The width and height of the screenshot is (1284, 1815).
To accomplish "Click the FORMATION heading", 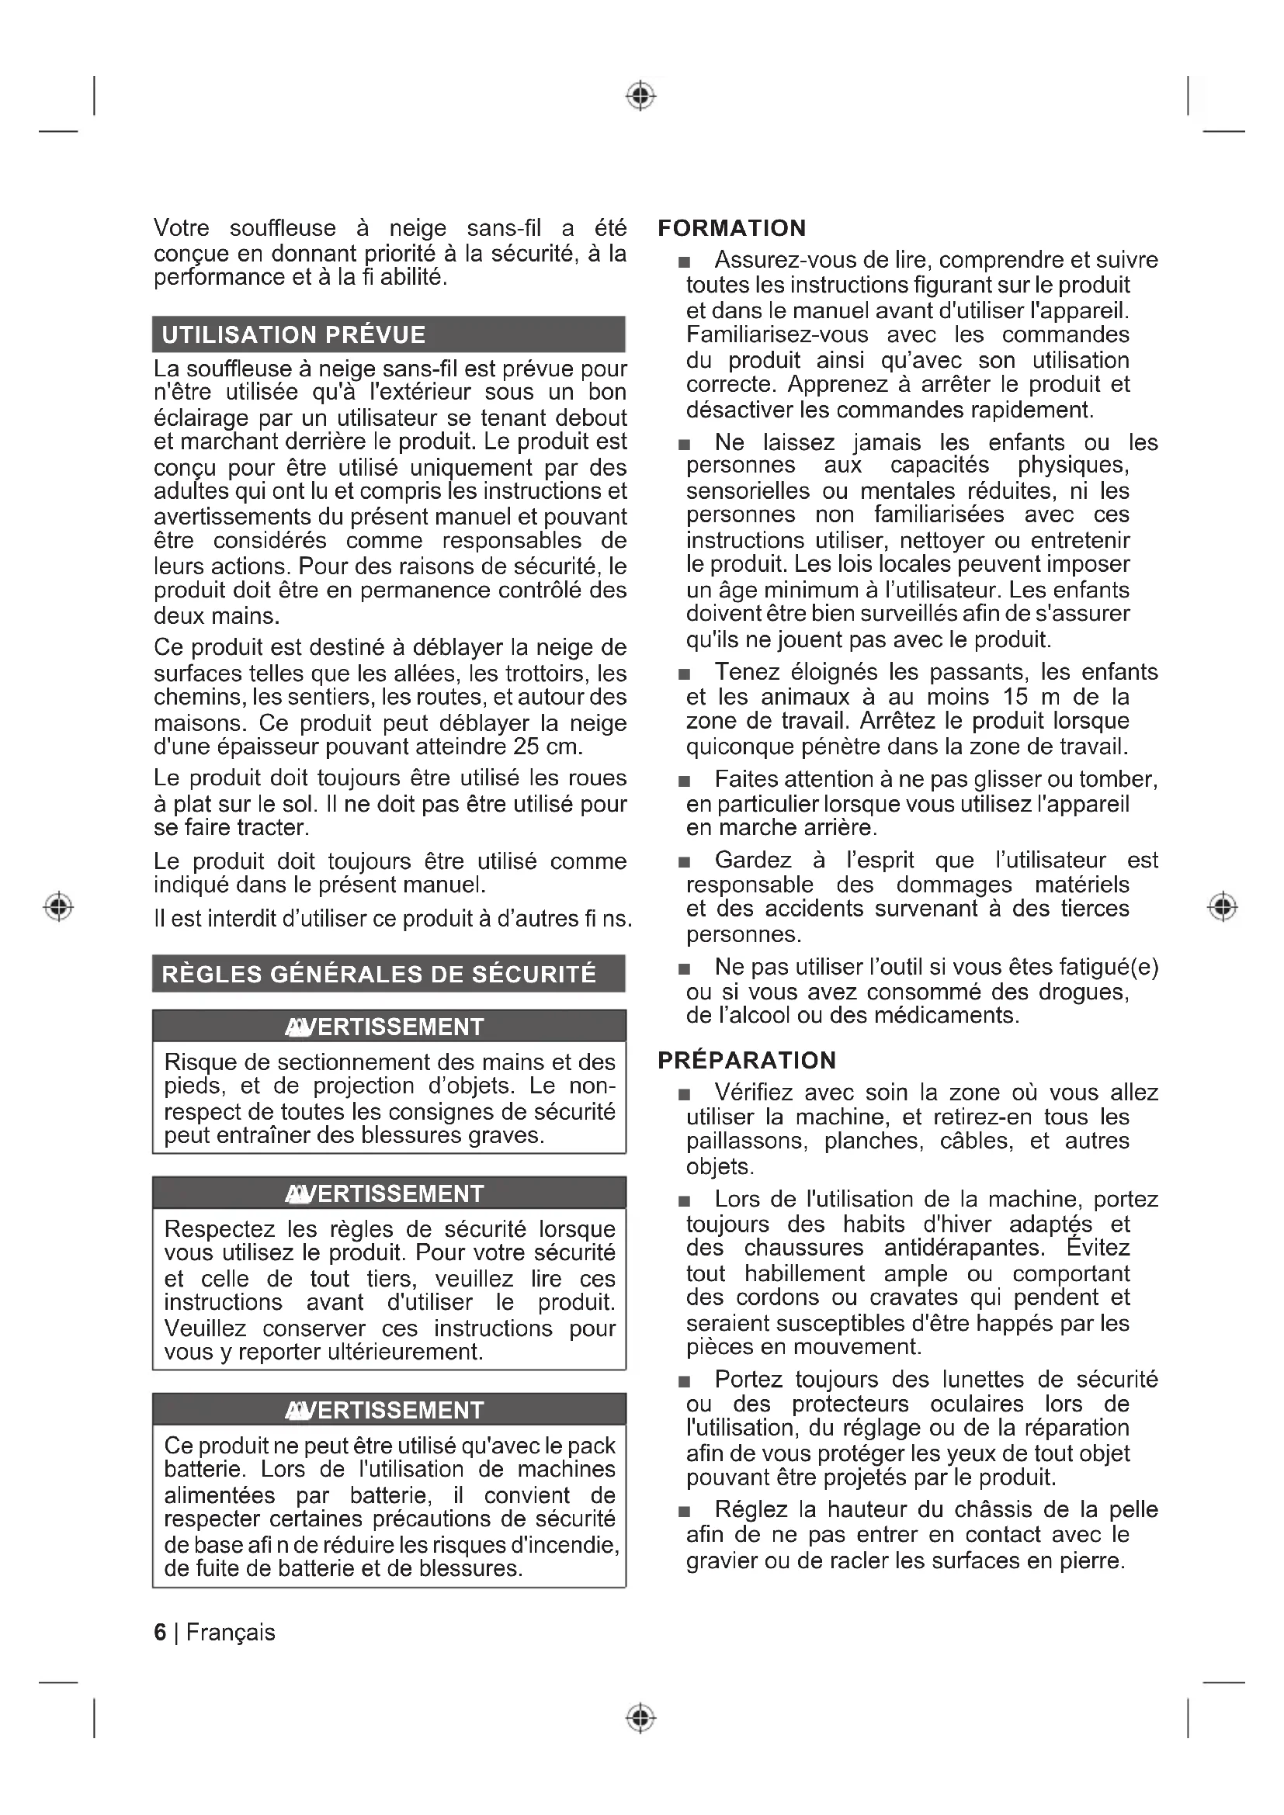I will tap(731, 228).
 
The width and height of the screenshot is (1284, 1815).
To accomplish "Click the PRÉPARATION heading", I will tap(746, 1060).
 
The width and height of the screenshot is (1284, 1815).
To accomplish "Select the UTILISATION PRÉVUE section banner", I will tap(388, 334).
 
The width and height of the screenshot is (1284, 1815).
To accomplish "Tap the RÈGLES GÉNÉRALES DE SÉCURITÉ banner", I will tap(388, 974).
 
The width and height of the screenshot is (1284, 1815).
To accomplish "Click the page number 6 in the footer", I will tap(161, 1633).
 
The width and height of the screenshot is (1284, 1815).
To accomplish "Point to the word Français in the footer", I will tap(231, 1633).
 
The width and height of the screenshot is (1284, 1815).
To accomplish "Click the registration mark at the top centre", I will tap(641, 95).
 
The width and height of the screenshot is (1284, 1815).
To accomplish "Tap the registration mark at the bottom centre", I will tap(641, 1718).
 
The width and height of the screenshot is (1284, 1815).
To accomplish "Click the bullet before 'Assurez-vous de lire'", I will tap(684, 262).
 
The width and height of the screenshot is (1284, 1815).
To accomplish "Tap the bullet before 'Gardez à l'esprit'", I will tap(684, 861).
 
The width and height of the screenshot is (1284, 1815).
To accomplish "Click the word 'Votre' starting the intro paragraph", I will tap(181, 228).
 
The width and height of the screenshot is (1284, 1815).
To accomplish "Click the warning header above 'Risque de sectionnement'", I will tap(388, 1026).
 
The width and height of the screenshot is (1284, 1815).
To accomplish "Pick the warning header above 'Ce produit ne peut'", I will tap(388, 1409).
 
